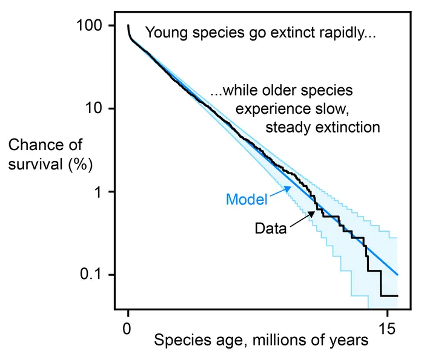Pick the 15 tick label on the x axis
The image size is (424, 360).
point(386,329)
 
